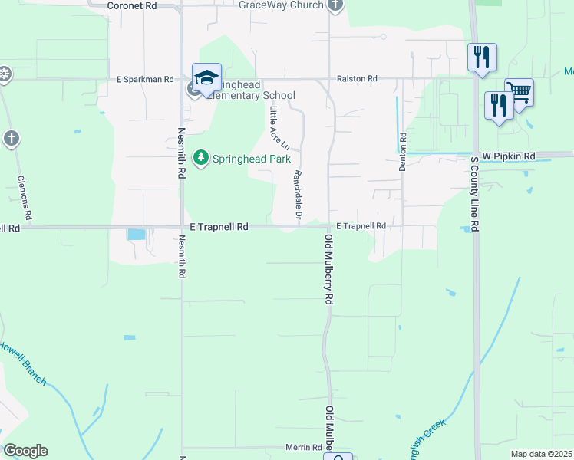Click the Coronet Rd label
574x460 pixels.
tap(132, 5)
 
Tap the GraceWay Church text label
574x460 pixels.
tap(280, 5)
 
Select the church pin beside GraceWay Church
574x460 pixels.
tap(335, 5)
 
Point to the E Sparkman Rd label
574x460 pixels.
tap(146, 79)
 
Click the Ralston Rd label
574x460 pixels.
tap(357, 79)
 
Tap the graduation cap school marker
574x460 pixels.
tap(206, 77)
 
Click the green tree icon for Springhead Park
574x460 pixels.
tap(201, 158)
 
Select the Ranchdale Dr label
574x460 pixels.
tap(296, 192)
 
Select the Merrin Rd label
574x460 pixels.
tap(305, 448)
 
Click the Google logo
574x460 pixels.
tap(25, 451)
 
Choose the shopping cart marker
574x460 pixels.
tap(520, 93)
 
